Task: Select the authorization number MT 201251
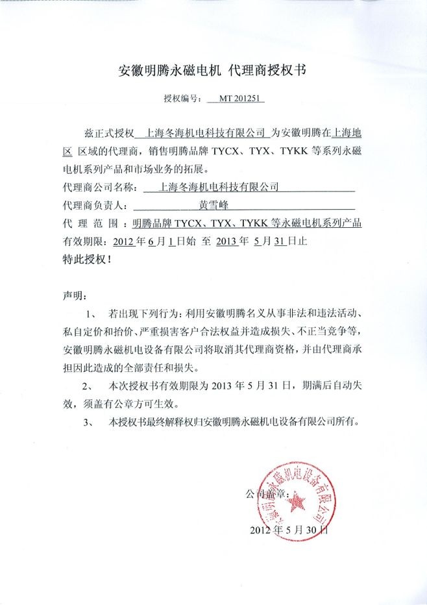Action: coord(235,100)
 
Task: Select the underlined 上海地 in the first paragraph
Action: coord(348,134)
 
